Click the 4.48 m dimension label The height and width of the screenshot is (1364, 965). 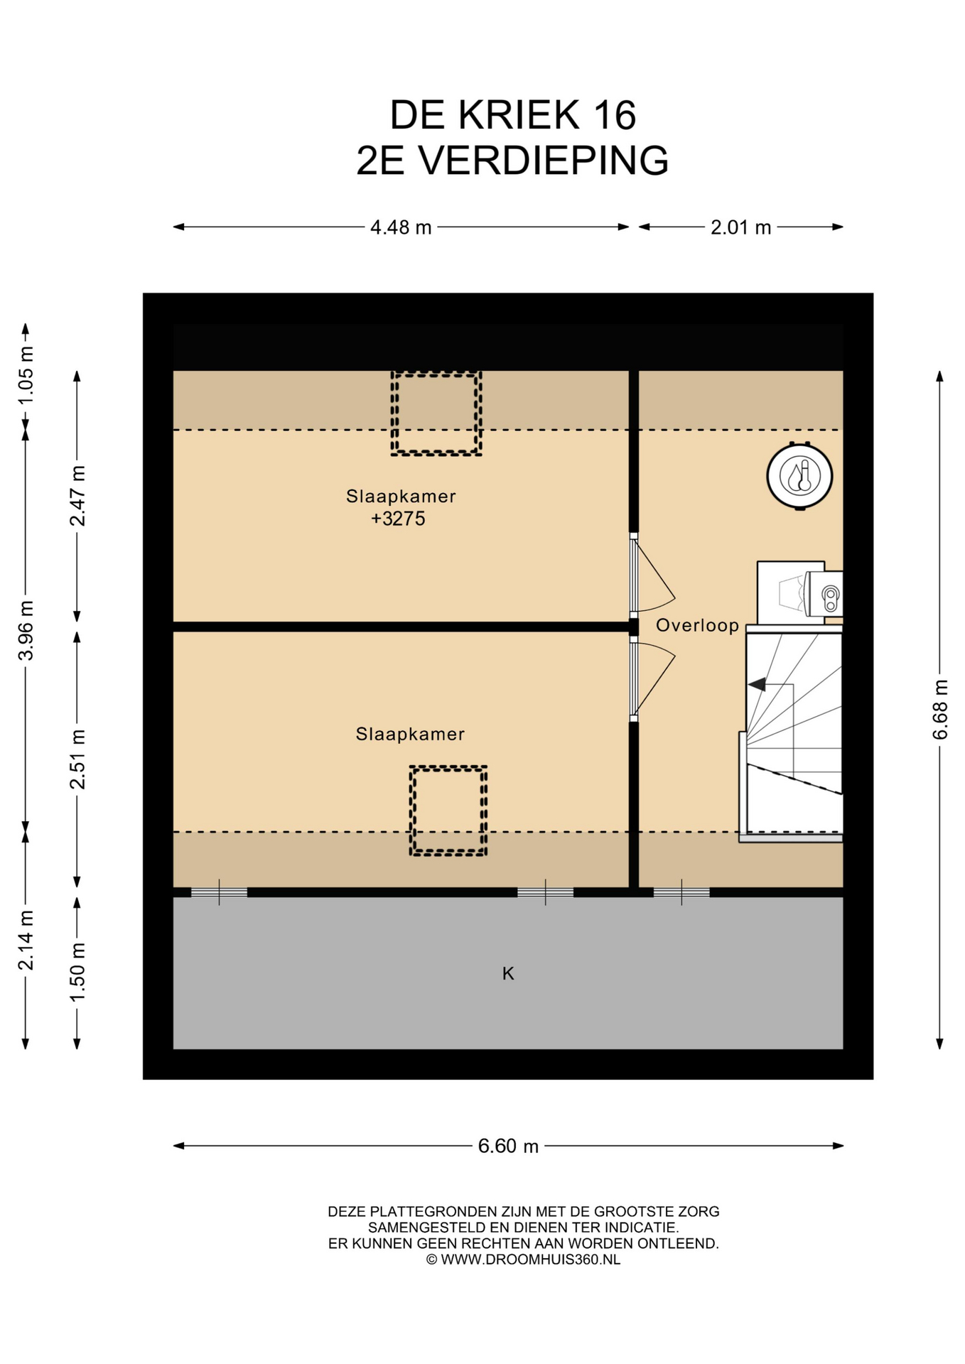pyautogui.click(x=401, y=227)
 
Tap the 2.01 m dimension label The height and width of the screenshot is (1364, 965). pyautogui.click(x=740, y=227)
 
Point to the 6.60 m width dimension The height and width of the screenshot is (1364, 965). pyautogui.click(x=508, y=1146)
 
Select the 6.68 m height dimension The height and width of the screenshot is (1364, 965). pyautogui.click(x=939, y=709)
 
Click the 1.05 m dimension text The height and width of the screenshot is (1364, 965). pyautogui.click(x=26, y=374)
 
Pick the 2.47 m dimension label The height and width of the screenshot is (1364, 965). pyautogui.click(x=77, y=496)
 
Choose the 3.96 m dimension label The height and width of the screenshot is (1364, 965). pyautogui.click(x=26, y=630)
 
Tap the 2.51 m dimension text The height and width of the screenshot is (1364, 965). pyautogui.click(x=77, y=759)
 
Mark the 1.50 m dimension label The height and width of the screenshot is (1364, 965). pyautogui.click(x=77, y=972)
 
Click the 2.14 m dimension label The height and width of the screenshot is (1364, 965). pyautogui.click(x=26, y=940)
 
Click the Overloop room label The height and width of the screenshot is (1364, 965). pyautogui.click(x=697, y=625)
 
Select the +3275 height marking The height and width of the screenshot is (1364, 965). pyautogui.click(x=398, y=519)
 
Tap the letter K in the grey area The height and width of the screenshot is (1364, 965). pyautogui.click(x=508, y=973)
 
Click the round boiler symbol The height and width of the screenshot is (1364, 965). pyautogui.click(x=799, y=476)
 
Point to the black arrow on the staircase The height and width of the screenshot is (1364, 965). pyautogui.click(x=757, y=684)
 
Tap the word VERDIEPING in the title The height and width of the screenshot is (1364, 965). pyautogui.click(x=543, y=161)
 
